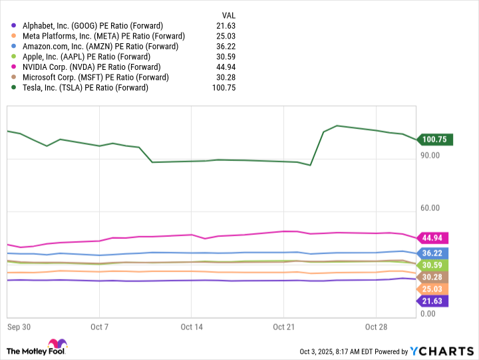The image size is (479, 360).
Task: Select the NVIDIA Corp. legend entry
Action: pos(92,67)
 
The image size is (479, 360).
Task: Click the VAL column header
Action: pos(228,15)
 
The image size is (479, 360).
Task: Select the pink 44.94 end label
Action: pos(432,238)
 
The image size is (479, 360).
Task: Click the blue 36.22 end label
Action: pos(432,253)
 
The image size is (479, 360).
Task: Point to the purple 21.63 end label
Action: pos(432,301)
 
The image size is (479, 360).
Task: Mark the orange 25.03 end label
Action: pos(432,289)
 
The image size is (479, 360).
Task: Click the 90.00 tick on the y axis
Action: pos(430,156)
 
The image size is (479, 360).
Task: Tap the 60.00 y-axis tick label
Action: pos(430,208)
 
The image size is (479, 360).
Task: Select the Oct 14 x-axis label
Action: pos(191,327)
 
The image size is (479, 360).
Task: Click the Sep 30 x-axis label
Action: pos(19,327)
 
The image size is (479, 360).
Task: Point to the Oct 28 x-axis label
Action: pos(376,327)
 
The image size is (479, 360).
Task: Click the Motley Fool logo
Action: pos(37,347)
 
